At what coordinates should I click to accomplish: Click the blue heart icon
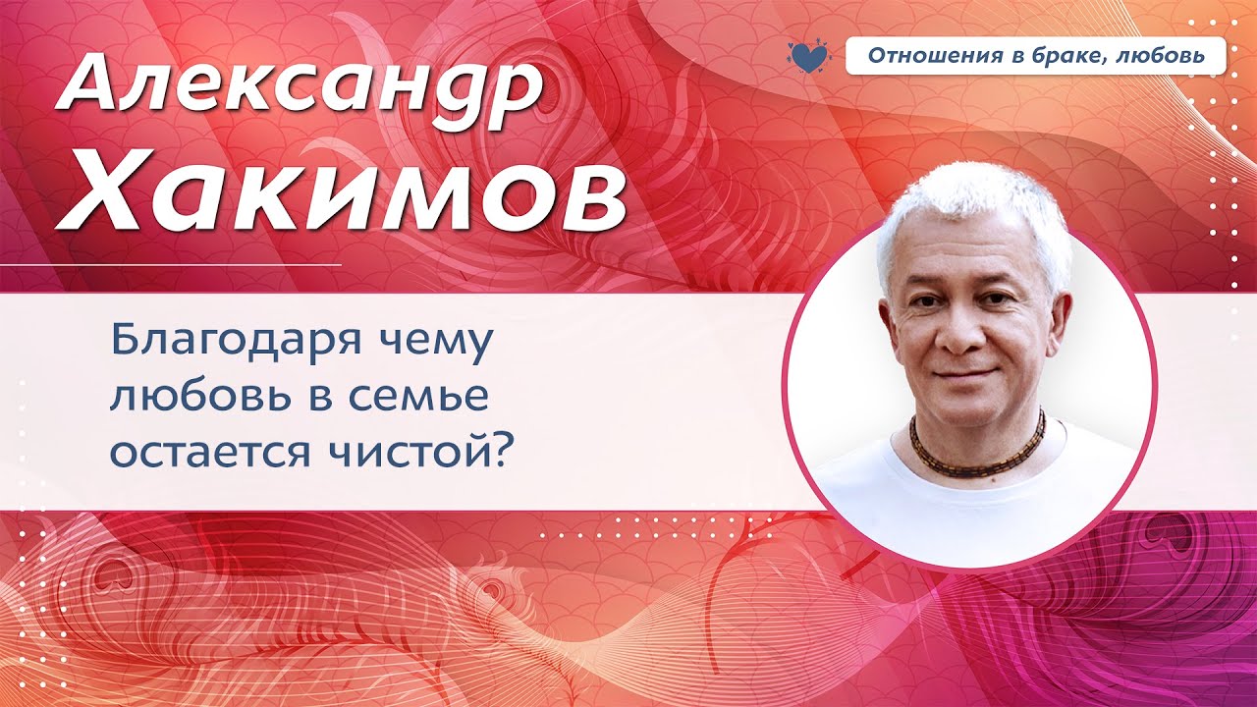coord(808,56)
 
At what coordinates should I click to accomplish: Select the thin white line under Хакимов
coord(196,265)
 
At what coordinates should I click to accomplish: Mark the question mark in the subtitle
coord(507,453)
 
